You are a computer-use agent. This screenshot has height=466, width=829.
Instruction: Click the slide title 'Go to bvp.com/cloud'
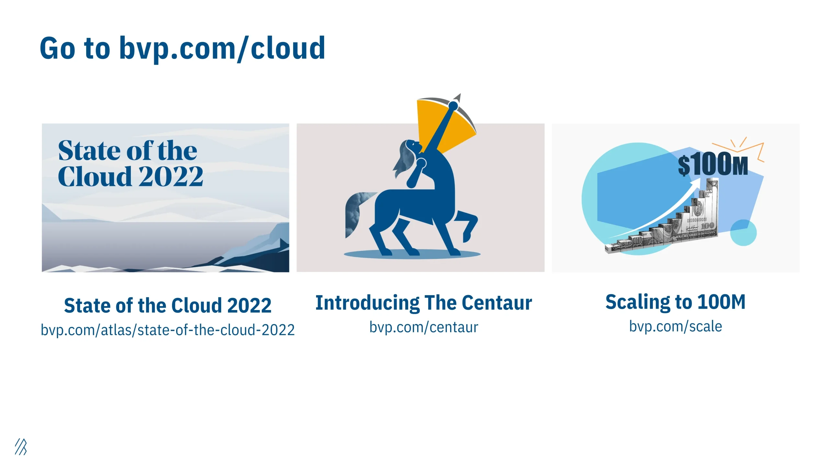tap(182, 49)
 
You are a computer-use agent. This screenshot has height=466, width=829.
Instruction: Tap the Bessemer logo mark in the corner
tap(21, 447)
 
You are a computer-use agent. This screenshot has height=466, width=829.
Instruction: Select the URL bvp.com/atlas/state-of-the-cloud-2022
tap(168, 330)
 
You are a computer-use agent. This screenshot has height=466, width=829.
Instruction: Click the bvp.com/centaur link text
tap(424, 327)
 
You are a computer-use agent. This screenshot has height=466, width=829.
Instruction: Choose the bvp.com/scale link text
tap(676, 327)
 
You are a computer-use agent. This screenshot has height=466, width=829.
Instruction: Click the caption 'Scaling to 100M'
tap(676, 302)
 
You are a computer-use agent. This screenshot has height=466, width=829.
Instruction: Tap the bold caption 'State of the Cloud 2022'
tap(168, 305)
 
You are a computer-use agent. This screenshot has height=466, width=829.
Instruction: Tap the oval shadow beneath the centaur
tap(412, 254)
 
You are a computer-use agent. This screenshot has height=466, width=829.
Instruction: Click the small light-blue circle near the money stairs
tap(743, 233)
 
